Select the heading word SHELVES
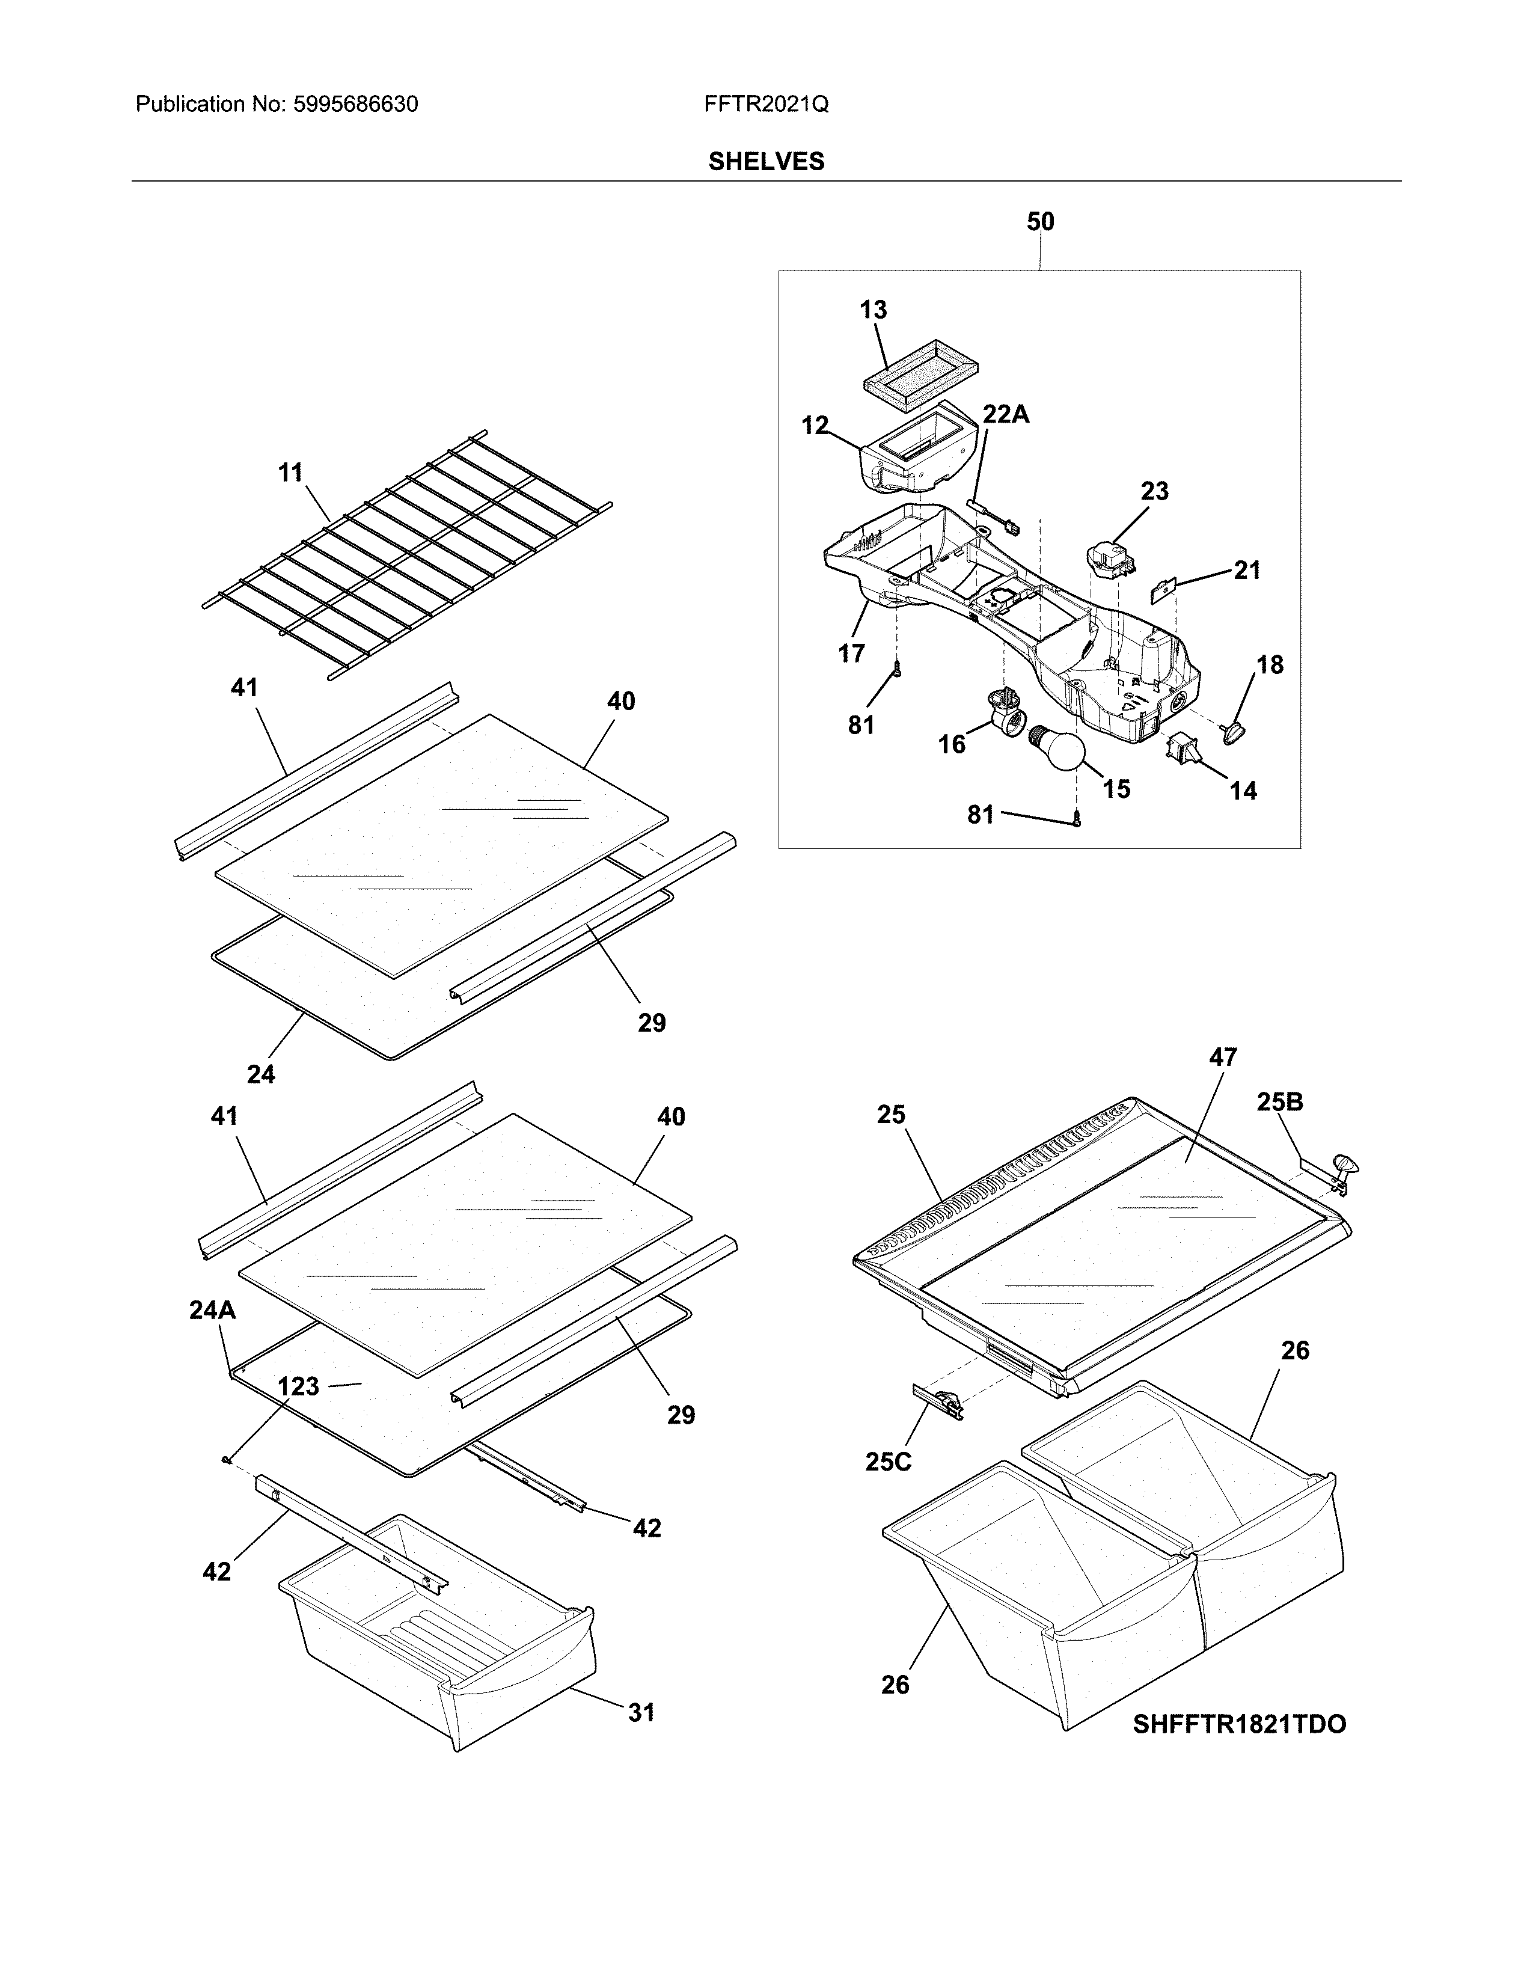click(765, 162)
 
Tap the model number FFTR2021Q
click(765, 105)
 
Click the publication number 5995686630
click(355, 105)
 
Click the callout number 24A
click(212, 1310)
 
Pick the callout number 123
click(298, 1386)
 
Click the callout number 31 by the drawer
click(641, 1712)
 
